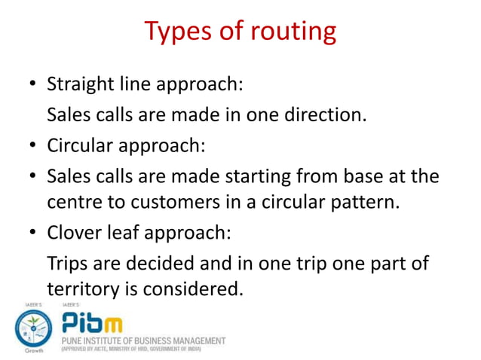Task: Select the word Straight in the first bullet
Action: [79, 84]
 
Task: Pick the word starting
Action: [256, 176]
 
